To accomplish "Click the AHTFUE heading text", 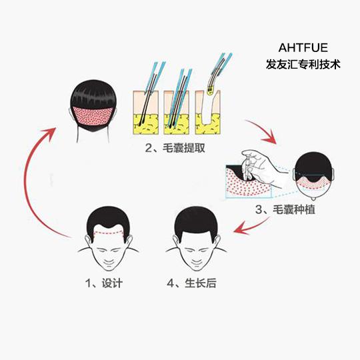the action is [x=303, y=47].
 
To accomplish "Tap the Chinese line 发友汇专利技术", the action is [x=303, y=64].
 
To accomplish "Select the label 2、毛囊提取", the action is [x=175, y=148].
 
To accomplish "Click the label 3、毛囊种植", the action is [x=285, y=209].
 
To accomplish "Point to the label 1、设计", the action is [x=104, y=283].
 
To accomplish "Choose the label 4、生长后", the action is [x=191, y=283].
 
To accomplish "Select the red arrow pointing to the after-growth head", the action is [x=250, y=227].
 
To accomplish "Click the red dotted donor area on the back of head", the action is [x=93, y=116].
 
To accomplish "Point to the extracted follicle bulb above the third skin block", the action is [x=209, y=91].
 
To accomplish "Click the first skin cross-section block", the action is [x=146, y=113].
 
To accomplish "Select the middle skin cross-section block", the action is [x=177, y=113].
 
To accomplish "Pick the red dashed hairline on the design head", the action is [x=109, y=233].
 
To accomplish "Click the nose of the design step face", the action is [x=109, y=255].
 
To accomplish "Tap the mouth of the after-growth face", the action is [x=196, y=262].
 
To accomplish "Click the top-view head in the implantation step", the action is [x=313, y=175].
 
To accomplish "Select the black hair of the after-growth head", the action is [x=196, y=221].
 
